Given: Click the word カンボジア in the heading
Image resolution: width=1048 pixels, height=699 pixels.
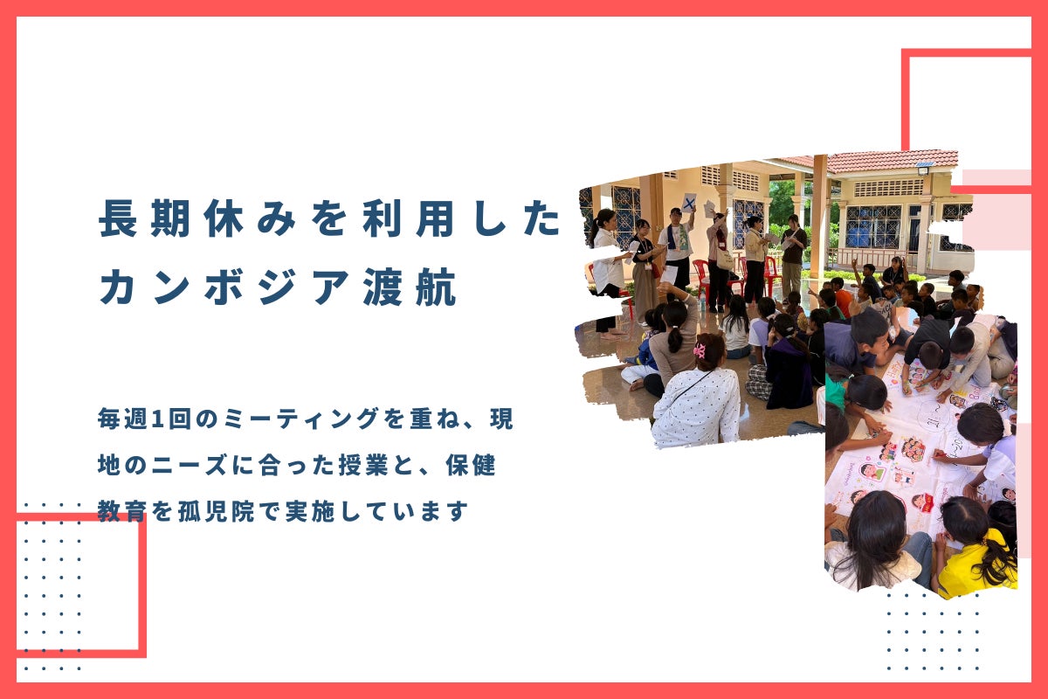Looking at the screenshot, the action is tap(224, 287).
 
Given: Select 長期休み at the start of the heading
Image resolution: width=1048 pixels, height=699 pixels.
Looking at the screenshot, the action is tap(197, 218).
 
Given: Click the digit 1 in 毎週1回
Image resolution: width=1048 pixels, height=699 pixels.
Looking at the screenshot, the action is tap(158, 419).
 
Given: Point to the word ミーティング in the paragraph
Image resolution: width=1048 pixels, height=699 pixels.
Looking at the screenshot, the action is tap(301, 419).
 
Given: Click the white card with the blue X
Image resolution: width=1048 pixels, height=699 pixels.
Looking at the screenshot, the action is tap(689, 203).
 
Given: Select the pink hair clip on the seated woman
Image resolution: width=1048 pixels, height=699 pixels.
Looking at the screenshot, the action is tap(700, 350).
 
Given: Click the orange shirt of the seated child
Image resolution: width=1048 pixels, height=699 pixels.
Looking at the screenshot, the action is tap(844, 302).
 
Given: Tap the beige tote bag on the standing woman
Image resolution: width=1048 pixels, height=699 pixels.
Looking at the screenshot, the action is tap(725, 260).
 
